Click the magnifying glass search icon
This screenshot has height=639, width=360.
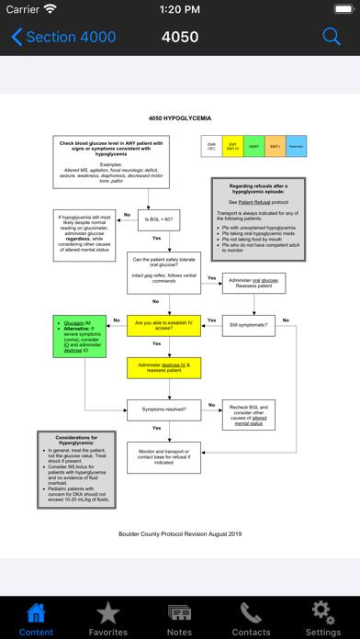click(332, 37)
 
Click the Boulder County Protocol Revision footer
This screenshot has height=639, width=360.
click(179, 532)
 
